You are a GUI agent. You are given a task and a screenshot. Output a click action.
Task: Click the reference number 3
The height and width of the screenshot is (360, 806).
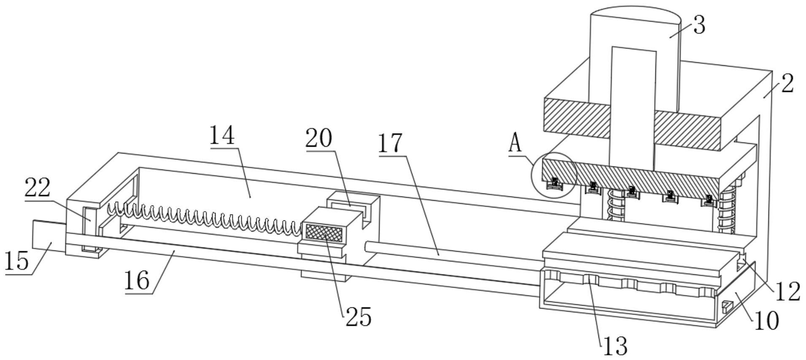[699, 25]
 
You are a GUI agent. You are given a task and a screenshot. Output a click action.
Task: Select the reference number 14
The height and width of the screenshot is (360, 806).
[222, 135]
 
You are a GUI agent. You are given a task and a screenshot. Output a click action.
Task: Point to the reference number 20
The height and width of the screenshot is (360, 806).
[319, 138]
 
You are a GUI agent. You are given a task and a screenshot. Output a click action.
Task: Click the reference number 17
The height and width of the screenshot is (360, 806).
[390, 143]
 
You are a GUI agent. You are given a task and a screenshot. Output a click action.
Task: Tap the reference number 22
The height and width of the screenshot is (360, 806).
[37, 188]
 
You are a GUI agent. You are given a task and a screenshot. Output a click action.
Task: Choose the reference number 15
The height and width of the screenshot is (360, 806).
[17, 260]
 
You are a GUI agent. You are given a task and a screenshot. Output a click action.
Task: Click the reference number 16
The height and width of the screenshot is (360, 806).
[137, 280]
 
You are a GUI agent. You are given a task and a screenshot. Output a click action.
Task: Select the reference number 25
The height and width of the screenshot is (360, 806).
[359, 317]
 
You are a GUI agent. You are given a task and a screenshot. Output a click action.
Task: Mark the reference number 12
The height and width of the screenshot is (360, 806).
[787, 291]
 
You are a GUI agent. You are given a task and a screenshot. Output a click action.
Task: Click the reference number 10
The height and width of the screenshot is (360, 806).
[766, 321]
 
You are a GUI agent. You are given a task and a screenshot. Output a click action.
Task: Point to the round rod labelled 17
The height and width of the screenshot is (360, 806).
[453, 255]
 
